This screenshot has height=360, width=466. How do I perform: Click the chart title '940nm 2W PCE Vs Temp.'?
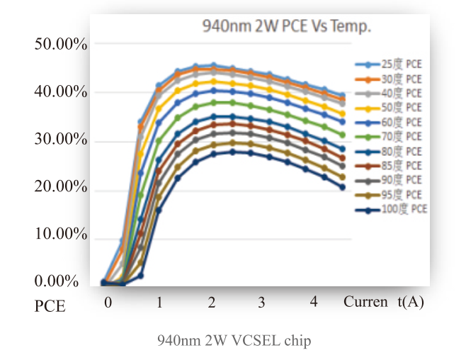[287, 27]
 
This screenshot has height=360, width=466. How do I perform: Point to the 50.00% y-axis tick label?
[60, 45]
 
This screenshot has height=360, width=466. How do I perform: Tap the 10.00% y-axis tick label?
[60, 235]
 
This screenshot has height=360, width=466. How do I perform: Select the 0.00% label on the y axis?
[56, 281]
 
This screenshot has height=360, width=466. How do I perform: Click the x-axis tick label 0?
[108, 303]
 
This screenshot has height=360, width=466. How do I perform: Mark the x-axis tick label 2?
[212, 303]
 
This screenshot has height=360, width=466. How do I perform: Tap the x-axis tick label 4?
[314, 302]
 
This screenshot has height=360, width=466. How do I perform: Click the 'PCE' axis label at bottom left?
[50, 307]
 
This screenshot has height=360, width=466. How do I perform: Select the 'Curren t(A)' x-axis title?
[383, 302]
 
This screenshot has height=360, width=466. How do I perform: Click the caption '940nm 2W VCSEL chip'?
[233, 341]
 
